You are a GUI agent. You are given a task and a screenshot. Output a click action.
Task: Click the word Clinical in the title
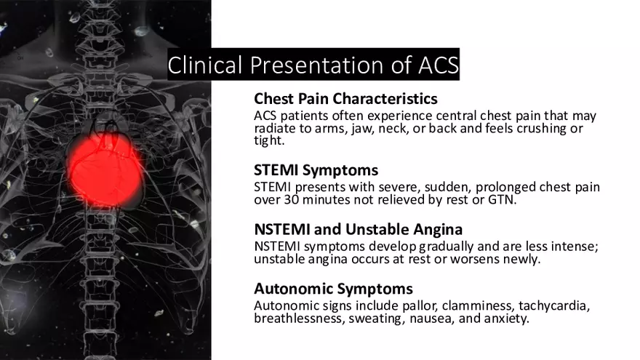click(205, 65)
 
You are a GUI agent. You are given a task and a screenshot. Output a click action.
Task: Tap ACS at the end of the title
click(438, 65)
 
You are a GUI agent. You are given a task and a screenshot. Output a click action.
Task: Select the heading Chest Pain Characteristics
click(345, 99)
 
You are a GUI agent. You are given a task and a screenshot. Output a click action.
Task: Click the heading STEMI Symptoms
click(316, 170)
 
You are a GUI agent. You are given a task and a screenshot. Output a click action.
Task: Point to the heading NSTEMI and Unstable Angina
click(358, 229)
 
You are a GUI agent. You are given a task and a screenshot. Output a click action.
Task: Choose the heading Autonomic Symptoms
click(333, 289)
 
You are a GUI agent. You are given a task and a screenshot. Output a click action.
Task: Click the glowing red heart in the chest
click(105, 170)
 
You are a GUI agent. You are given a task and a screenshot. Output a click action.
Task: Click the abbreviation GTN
click(502, 199)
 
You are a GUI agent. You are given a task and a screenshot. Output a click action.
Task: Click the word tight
click(269, 140)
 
